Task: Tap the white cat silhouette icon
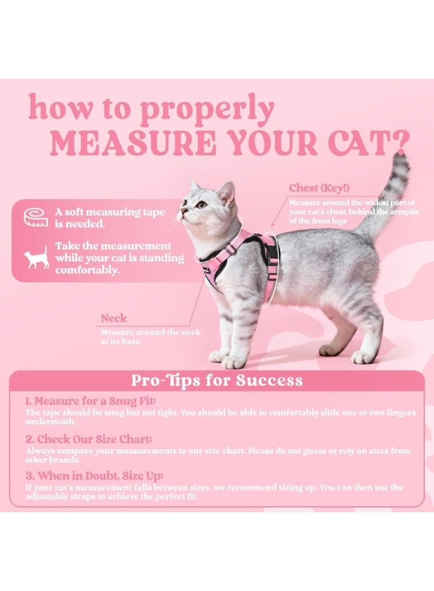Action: click(x=36, y=257)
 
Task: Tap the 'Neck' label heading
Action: click(x=114, y=318)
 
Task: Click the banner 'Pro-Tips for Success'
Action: click(x=216, y=380)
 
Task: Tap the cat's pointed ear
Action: click(x=226, y=191)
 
